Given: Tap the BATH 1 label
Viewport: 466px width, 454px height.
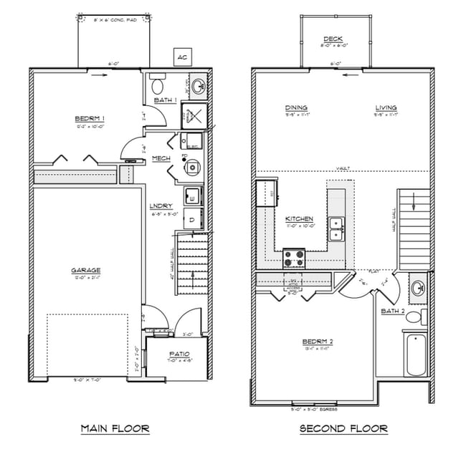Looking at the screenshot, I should coord(165,100).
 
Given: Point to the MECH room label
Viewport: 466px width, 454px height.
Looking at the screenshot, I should coord(160,158).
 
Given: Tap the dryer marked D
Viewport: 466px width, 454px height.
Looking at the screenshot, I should coord(192,220).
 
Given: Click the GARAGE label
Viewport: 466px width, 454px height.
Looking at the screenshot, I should coord(85,270).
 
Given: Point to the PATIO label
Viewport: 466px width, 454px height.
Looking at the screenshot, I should coord(179,354).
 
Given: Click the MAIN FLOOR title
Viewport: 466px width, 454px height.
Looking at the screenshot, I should coord(115,429).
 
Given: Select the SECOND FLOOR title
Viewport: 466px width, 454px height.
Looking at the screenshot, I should coord(343,429).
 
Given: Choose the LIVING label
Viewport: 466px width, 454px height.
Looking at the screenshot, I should coord(386,108).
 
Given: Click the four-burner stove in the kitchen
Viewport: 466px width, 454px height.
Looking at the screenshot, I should coord(294,256).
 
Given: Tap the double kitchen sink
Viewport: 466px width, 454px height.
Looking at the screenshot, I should coord(336,229).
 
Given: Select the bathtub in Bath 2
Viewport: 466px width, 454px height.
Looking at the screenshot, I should coord(414,355).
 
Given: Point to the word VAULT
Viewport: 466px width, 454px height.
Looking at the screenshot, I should coord(341,169).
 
